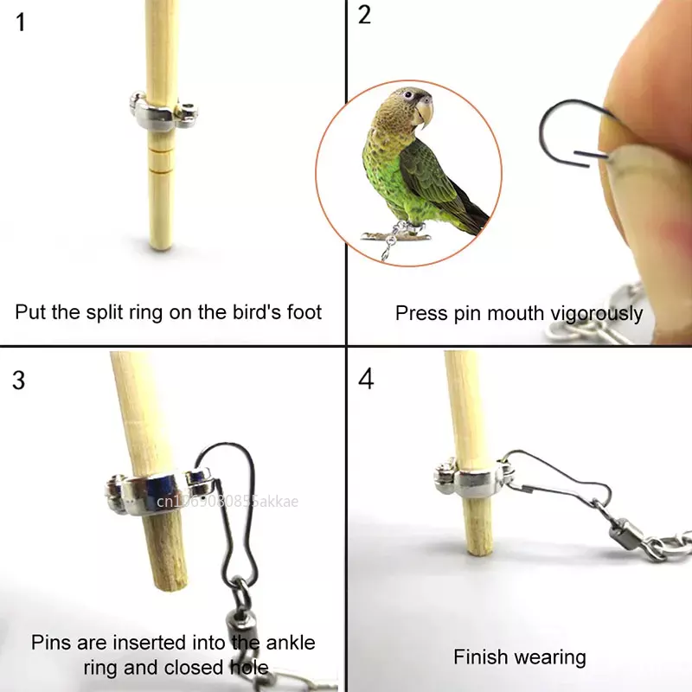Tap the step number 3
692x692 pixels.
pyautogui.click(x=20, y=380)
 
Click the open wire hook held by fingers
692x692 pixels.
pyautogui.click(x=567, y=130)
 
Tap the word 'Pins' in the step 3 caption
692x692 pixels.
pyautogui.click(x=51, y=643)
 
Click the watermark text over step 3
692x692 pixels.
pyautogui.click(x=226, y=501)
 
